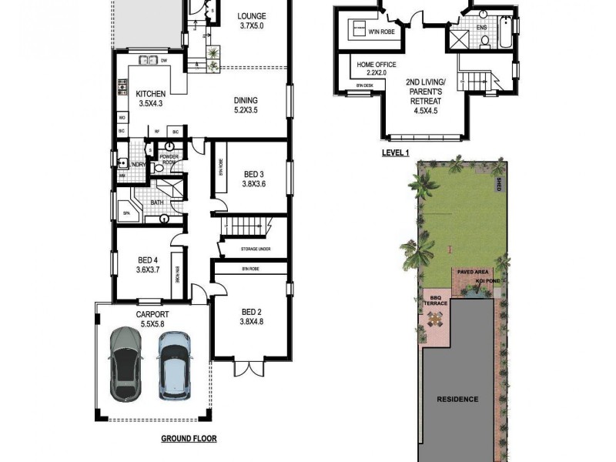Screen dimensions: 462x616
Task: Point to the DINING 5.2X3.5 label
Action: [246, 105]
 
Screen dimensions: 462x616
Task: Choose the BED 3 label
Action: [253, 179]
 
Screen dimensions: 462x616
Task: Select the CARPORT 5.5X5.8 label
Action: [152, 320]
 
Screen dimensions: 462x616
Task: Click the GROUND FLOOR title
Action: [189, 439]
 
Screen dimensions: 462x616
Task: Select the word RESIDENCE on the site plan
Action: [457, 399]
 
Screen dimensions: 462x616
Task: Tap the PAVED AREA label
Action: [471, 273]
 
